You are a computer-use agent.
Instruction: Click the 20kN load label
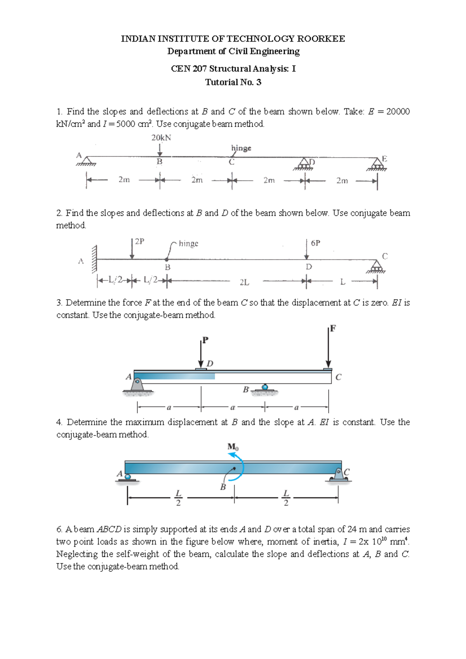point(161,138)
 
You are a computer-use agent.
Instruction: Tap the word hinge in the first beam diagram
point(241,148)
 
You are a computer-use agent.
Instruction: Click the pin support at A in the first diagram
point(87,161)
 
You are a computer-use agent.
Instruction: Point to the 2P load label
point(139,241)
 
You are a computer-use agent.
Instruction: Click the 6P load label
point(315,243)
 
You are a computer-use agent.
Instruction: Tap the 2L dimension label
point(244,283)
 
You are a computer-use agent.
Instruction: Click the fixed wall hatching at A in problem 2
point(94,259)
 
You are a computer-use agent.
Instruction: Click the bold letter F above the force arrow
point(333,329)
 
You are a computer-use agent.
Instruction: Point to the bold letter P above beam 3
point(205,340)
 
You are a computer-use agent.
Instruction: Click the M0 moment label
point(233,447)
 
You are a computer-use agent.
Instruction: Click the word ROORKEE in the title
point(321,39)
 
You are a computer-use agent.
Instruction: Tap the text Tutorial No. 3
point(233,82)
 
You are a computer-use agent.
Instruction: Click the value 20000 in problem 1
point(398,112)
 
